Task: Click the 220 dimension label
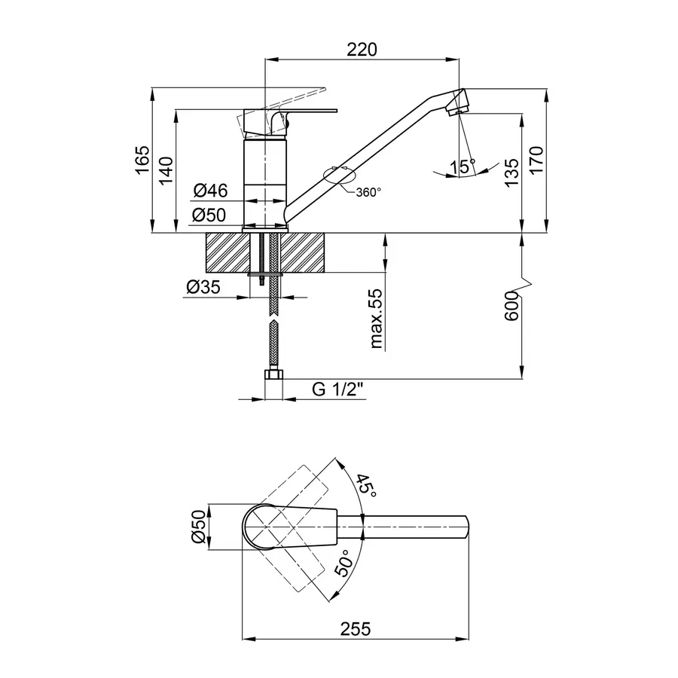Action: click(x=362, y=49)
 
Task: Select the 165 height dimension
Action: click(x=142, y=160)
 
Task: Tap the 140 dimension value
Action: click(x=166, y=170)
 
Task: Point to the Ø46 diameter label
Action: click(x=211, y=191)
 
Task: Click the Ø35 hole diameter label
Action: click(x=203, y=287)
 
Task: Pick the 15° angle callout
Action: click(x=463, y=166)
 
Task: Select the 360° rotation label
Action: click(x=368, y=192)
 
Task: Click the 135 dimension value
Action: click(x=512, y=173)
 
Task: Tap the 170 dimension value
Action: click(x=536, y=160)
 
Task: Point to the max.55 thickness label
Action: click(x=376, y=319)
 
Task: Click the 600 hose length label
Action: click(x=512, y=306)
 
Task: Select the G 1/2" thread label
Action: click(x=337, y=389)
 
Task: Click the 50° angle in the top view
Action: click(x=344, y=563)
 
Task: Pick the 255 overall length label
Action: click(x=356, y=629)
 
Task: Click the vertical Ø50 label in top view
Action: click(x=198, y=527)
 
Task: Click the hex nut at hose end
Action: click(x=273, y=374)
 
